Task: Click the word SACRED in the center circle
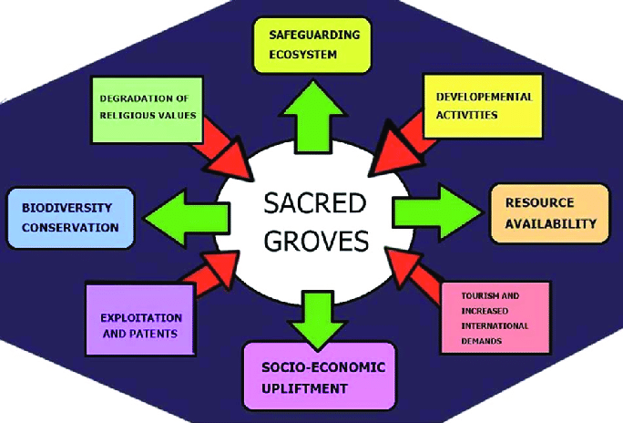[x=311, y=201]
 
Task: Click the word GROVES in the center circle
[x=311, y=242]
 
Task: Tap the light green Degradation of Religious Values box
[x=146, y=108]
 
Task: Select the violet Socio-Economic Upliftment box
[x=319, y=377]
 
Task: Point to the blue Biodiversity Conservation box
[x=70, y=218]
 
